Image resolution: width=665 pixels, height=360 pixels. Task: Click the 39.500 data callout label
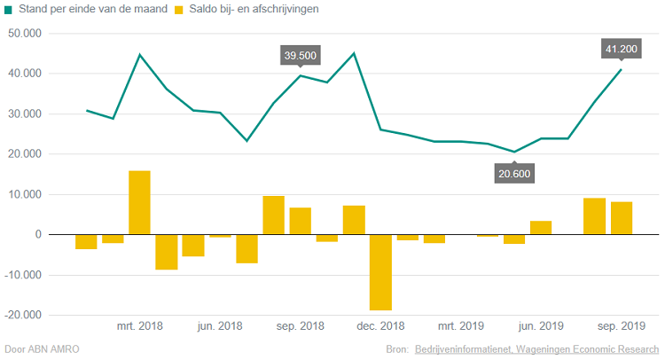tap(300, 56)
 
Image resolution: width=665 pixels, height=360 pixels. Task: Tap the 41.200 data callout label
tap(622, 50)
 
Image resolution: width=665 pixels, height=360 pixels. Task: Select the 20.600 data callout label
tap(514, 173)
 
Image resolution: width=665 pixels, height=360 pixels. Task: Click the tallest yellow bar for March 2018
tap(139, 202)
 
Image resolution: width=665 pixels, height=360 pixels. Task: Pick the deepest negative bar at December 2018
tap(380, 272)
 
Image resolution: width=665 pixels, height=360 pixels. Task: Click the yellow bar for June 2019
tap(541, 228)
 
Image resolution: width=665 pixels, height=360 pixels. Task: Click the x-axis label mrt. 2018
tap(140, 326)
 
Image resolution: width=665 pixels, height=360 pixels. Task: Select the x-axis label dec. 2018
tap(380, 326)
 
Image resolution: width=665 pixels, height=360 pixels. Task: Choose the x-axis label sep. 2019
tap(621, 326)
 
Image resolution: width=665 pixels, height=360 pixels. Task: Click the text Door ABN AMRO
tap(42, 349)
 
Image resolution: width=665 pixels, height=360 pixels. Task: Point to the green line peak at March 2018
tap(139, 55)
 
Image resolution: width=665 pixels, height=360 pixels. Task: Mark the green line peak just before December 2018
tap(354, 53)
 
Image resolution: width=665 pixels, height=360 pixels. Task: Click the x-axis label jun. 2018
tap(220, 326)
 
